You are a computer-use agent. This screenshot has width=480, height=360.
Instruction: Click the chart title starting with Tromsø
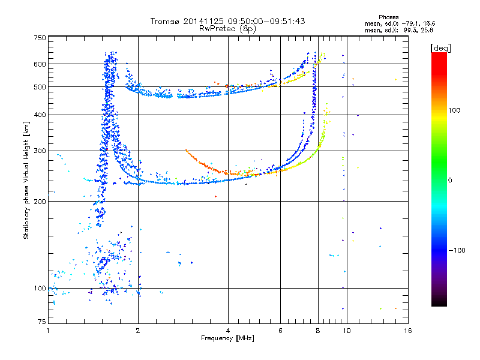coord(228,21)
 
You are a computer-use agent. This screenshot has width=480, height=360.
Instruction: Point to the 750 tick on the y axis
coord(40,38)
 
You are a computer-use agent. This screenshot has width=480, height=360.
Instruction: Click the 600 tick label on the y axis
coord(40,64)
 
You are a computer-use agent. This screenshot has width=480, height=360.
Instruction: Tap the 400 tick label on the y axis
coord(40,115)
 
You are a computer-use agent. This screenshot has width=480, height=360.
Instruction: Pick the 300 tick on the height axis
coord(40,151)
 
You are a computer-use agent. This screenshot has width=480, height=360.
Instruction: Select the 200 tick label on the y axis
coord(40,202)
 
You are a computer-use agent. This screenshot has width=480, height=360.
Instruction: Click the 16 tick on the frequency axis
coord(407,331)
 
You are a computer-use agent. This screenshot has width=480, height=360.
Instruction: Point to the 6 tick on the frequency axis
coord(281,331)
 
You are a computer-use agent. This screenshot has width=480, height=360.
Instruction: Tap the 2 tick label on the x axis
coord(138,331)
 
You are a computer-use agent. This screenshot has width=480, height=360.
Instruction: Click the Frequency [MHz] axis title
coord(228,338)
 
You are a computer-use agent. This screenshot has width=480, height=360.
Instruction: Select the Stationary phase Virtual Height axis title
coord(26,180)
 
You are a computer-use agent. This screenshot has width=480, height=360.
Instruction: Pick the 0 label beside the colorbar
coord(451,180)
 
